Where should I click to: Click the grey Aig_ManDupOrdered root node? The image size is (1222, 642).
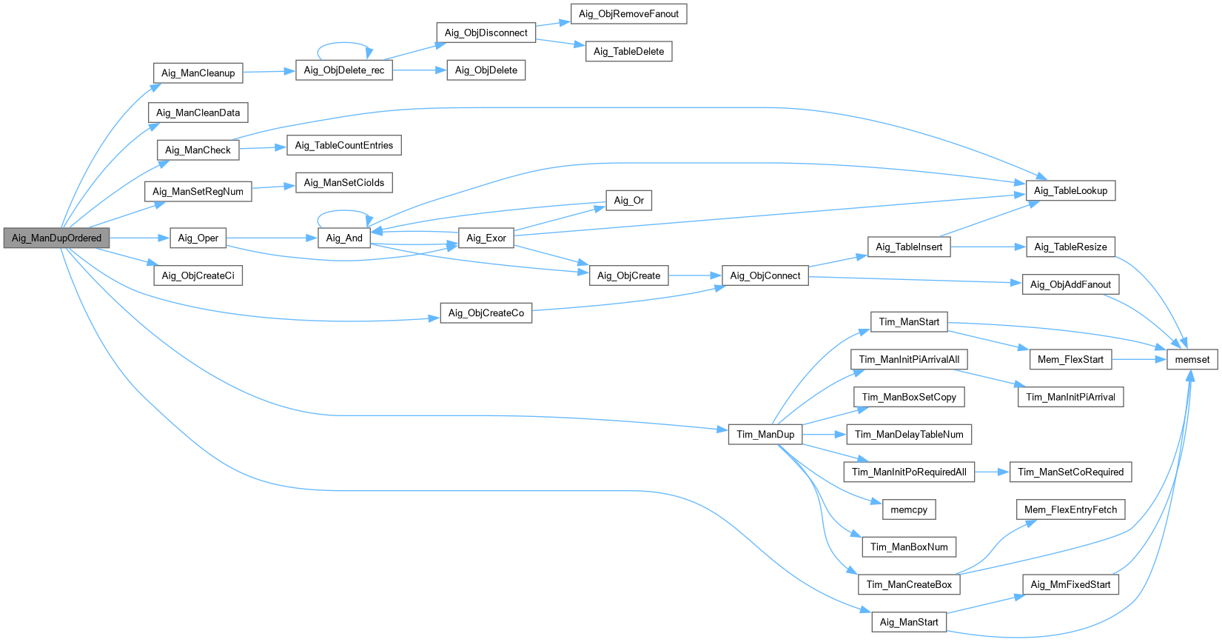[x=57, y=238]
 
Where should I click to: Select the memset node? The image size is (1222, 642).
[x=1192, y=360]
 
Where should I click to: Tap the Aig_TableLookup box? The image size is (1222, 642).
[x=1070, y=190]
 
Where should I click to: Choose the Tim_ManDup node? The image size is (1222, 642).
[x=765, y=435]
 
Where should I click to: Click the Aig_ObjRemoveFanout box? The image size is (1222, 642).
[x=628, y=13]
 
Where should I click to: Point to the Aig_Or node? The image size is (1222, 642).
[x=628, y=201]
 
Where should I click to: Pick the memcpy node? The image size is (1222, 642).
[x=909, y=510]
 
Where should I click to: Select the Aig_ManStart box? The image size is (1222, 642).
[x=909, y=622]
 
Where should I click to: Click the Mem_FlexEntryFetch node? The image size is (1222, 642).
[x=1070, y=510]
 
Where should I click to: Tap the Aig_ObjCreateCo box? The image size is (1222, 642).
[x=486, y=312]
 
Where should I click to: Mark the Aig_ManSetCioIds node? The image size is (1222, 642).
[x=343, y=182]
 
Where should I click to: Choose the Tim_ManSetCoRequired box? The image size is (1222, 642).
[x=1070, y=472]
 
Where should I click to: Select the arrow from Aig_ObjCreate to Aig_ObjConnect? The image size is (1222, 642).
[x=695, y=275]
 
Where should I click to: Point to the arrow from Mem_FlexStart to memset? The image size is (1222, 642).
[x=1139, y=360]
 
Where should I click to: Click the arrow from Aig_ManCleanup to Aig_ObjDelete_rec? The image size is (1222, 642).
[x=269, y=72]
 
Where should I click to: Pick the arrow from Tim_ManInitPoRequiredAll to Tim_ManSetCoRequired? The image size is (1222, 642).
[x=992, y=472]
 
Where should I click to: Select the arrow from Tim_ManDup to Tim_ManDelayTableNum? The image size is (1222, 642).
[x=825, y=435]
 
